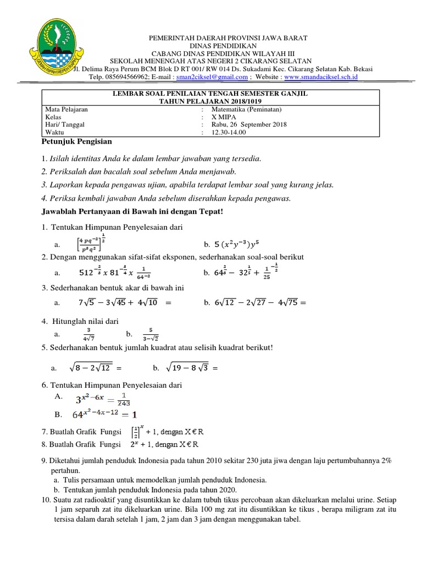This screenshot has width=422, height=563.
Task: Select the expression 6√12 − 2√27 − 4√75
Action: (x=257, y=302)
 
